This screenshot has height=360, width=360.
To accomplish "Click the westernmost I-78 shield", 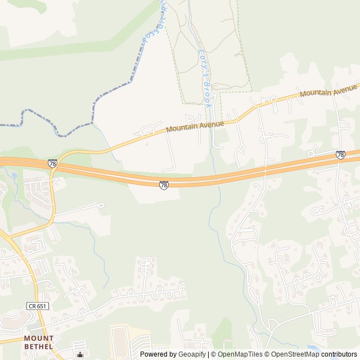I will tap(52, 163).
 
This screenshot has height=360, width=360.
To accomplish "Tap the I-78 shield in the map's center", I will tap(163, 185).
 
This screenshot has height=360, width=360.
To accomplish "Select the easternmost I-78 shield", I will tap(340, 154).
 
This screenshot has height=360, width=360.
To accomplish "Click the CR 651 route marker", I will tap(38, 306).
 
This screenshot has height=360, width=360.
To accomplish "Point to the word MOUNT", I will tap(39, 339).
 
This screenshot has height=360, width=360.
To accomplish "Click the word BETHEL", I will tap(39, 346).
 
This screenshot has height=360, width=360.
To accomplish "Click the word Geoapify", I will tap(192, 354).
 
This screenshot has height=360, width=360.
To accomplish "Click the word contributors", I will tap(339, 354).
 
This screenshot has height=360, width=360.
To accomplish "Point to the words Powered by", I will tap(158, 354).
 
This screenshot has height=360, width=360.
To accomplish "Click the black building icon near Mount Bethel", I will tap(80, 354).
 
